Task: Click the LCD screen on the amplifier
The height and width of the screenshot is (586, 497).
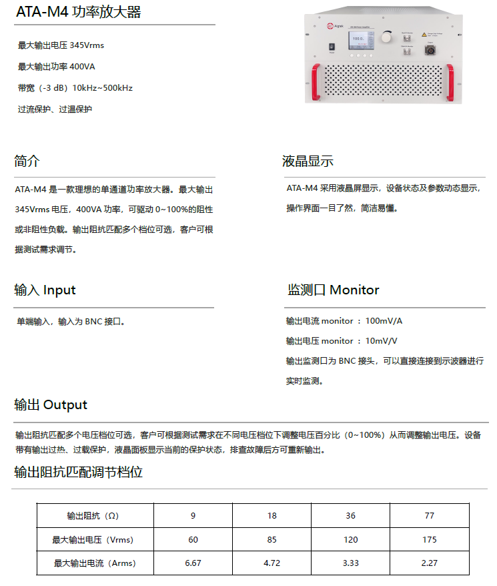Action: [361, 42]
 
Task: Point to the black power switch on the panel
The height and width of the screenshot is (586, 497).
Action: [331, 47]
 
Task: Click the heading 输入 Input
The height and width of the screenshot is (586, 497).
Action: [45, 290]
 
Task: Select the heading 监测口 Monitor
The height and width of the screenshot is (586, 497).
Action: [333, 290]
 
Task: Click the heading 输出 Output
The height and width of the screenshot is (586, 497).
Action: [51, 405]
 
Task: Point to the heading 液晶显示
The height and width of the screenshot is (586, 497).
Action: [308, 162]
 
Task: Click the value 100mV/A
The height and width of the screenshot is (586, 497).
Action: [384, 321]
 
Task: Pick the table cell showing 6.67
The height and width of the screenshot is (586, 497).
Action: [193, 563]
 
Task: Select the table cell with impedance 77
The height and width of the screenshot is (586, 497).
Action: [429, 516]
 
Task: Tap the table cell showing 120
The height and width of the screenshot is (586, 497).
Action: [350, 540]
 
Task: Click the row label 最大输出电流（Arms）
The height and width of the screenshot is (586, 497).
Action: [94, 563]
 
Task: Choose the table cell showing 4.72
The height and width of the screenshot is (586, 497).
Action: [272, 563]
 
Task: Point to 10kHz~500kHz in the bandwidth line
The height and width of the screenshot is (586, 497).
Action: [103, 88]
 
